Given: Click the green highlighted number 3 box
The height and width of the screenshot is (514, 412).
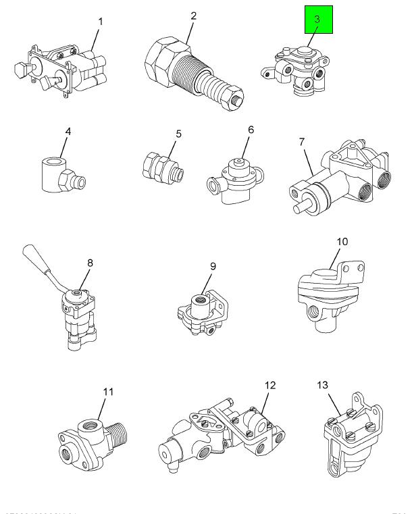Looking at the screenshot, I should [317, 21].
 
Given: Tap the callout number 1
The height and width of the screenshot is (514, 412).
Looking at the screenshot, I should [101, 22].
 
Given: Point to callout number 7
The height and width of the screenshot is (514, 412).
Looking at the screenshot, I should [302, 142].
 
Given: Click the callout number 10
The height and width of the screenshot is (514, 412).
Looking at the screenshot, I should [344, 241].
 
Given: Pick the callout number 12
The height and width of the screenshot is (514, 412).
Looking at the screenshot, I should [270, 386].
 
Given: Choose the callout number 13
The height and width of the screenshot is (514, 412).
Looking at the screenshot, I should [322, 385].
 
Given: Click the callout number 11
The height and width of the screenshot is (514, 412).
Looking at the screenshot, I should [108, 391].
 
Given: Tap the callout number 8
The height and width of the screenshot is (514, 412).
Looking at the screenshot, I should [90, 263].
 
